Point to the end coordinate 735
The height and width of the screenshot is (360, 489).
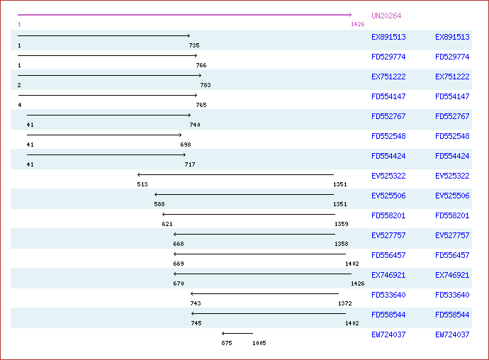click(x=193, y=45)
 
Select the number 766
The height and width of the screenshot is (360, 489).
click(x=201, y=65)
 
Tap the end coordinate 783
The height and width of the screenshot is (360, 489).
click(x=205, y=85)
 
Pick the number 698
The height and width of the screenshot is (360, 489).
click(x=186, y=145)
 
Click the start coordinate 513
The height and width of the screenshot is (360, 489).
click(x=142, y=184)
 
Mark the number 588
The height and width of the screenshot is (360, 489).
click(x=159, y=204)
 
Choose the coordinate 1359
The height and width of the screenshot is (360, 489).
click(x=341, y=224)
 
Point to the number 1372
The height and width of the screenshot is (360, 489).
click(x=344, y=303)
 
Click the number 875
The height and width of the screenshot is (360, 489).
click(x=227, y=343)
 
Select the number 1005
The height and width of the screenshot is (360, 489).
click(x=259, y=343)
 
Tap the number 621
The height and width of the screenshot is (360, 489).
click(x=167, y=224)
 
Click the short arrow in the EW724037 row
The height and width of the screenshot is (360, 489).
click(x=237, y=333)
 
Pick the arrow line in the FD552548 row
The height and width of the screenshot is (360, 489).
click(x=104, y=135)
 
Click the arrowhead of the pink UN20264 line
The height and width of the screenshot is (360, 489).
click(x=349, y=15)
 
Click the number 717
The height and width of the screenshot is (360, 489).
click(x=190, y=164)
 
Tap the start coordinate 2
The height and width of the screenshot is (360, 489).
click(x=20, y=85)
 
